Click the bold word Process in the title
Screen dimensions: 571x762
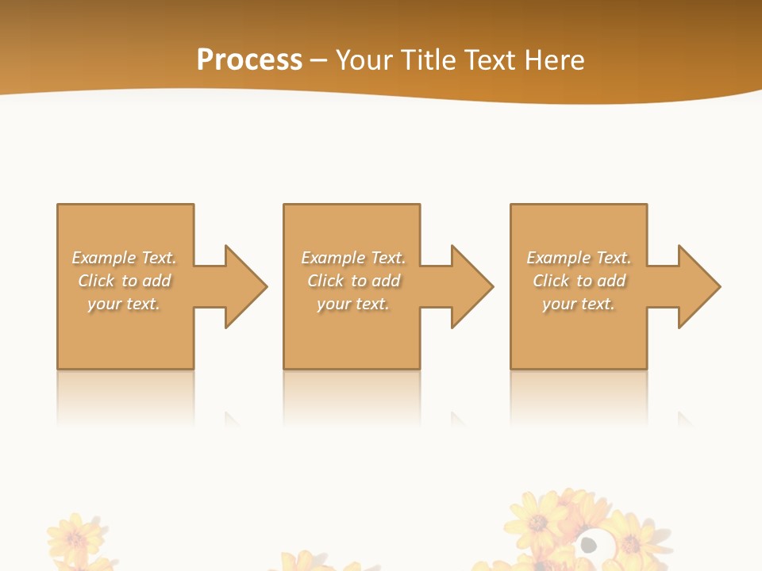click(249, 60)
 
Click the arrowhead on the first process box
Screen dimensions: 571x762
click(245, 286)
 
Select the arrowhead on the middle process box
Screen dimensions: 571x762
click(471, 286)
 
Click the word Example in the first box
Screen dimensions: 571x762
click(103, 258)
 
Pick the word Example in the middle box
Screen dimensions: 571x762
click(333, 258)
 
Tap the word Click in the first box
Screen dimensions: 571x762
click(96, 281)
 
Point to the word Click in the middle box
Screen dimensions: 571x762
click(325, 281)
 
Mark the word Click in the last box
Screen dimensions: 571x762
click(551, 281)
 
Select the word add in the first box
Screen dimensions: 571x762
click(157, 281)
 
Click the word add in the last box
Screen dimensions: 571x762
click(612, 281)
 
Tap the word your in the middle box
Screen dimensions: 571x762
click(333, 304)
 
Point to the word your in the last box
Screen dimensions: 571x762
click(559, 304)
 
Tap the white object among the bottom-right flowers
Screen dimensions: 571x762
click(592, 544)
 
